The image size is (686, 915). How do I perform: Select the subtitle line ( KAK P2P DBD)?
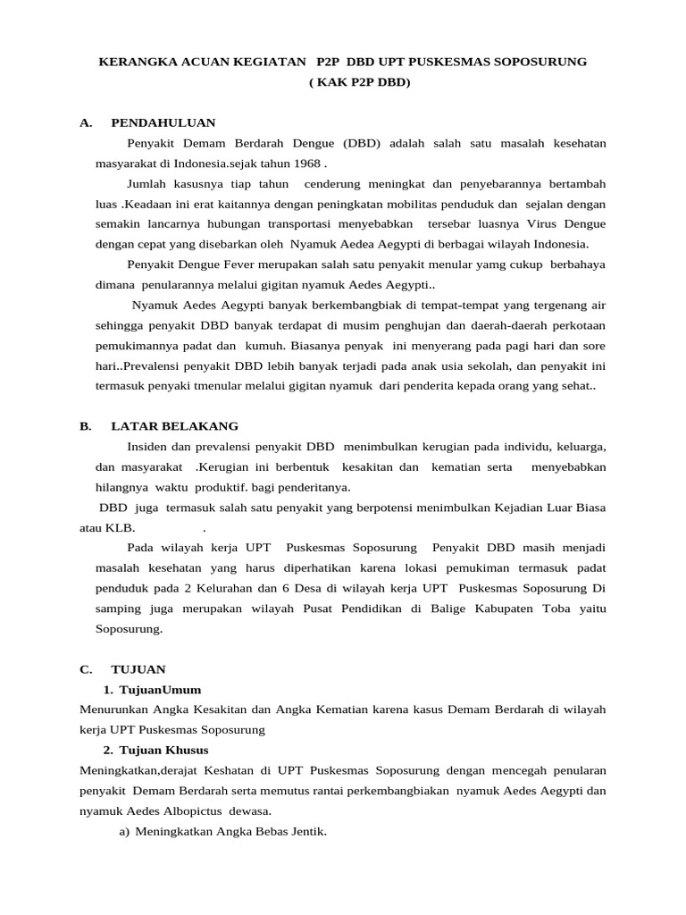(x=360, y=82)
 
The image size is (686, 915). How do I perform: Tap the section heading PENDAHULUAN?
(x=163, y=122)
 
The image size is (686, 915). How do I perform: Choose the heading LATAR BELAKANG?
(x=174, y=426)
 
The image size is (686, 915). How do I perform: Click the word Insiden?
(x=147, y=446)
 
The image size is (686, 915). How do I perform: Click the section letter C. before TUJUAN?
(x=86, y=669)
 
